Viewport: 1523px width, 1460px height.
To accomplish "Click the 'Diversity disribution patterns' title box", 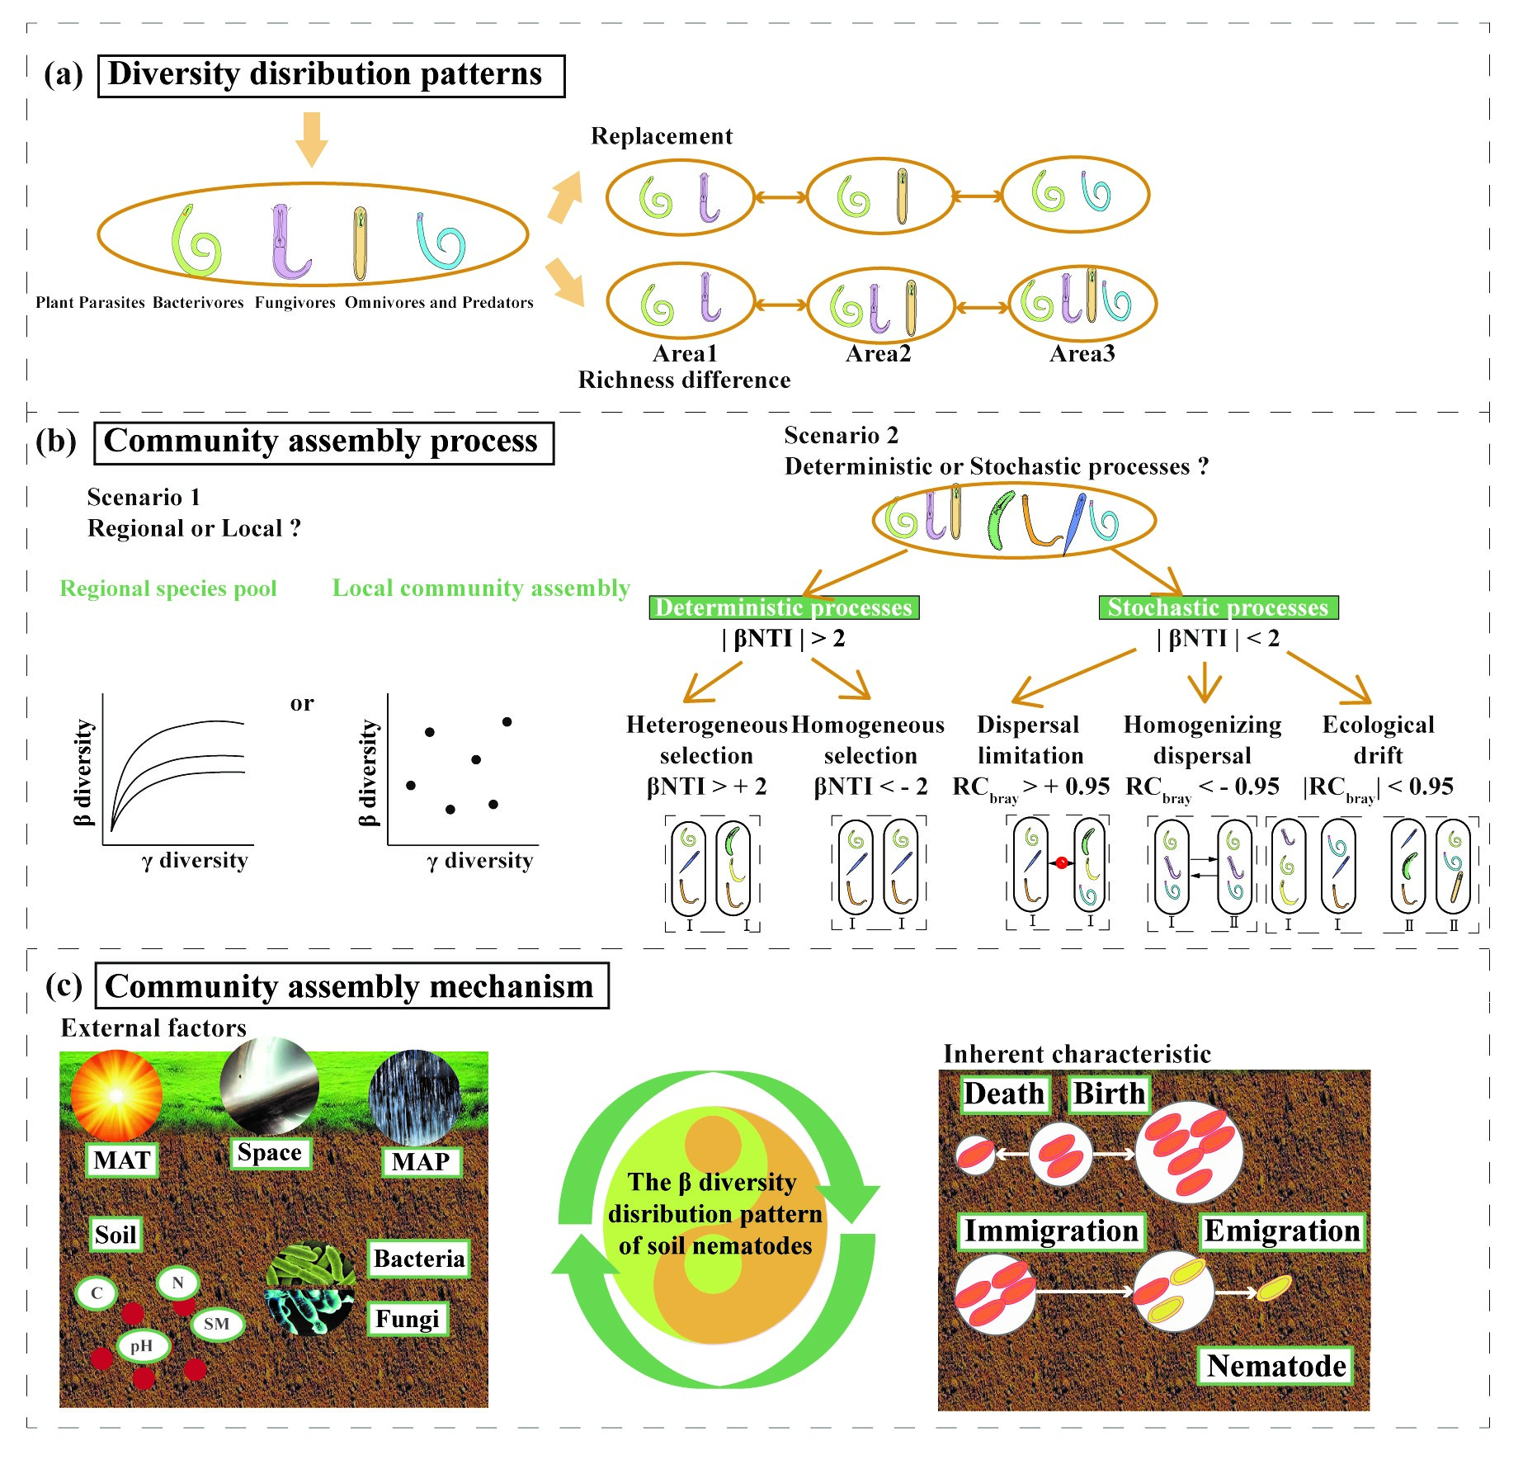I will (331, 75).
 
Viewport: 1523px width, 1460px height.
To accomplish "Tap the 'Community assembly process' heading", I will (323, 442).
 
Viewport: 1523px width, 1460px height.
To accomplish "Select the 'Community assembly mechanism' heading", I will (351, 985).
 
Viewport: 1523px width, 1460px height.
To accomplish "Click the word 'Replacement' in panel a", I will (662, 136).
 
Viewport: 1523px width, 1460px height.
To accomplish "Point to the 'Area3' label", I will (1082, 354).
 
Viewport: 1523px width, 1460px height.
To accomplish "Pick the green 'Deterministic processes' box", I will (784, 607).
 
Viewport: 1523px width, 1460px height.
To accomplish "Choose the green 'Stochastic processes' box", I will (1218, 607).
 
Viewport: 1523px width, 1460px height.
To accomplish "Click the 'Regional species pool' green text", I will (168, 588).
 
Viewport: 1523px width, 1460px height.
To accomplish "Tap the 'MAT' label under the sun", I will (122, 1160).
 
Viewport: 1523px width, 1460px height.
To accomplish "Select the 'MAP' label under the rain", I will (421, 1162).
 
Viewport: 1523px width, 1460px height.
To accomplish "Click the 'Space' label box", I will (269, 1152).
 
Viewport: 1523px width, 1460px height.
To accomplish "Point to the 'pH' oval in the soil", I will (142, 1346).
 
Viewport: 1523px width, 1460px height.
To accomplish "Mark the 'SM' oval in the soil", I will (217, 1324).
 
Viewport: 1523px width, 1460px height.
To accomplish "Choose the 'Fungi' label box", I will (407, 1319).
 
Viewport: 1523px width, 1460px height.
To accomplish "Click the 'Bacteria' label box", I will (418, 1259).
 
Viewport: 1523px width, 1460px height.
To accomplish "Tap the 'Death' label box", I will (1004, 1094).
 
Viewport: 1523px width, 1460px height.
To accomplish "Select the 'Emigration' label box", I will (1281, 1231).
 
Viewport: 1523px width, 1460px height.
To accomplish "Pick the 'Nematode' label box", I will (1276, 1366).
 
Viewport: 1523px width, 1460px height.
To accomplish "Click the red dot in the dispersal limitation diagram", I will (1062, 862).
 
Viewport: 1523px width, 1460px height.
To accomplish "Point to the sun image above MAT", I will (116, 1095).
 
